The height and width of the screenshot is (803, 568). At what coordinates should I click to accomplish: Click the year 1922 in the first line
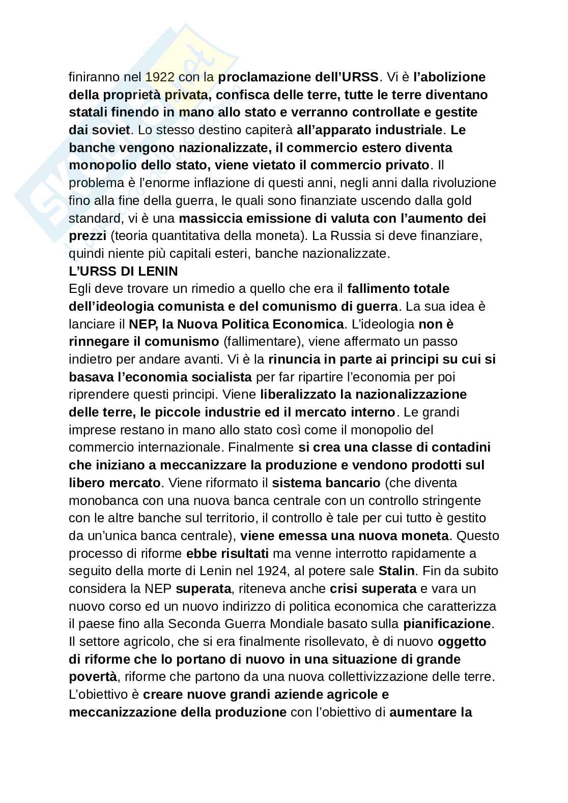point(160,77)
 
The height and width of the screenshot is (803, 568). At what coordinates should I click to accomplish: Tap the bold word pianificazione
point(446,624)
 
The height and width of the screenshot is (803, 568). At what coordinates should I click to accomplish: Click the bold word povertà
point(93,677)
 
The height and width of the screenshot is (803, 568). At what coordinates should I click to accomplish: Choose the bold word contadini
point(458,448)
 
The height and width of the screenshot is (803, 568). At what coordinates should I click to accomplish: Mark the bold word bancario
point(355,483)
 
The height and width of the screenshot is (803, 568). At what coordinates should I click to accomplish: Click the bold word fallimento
point(379,289)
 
